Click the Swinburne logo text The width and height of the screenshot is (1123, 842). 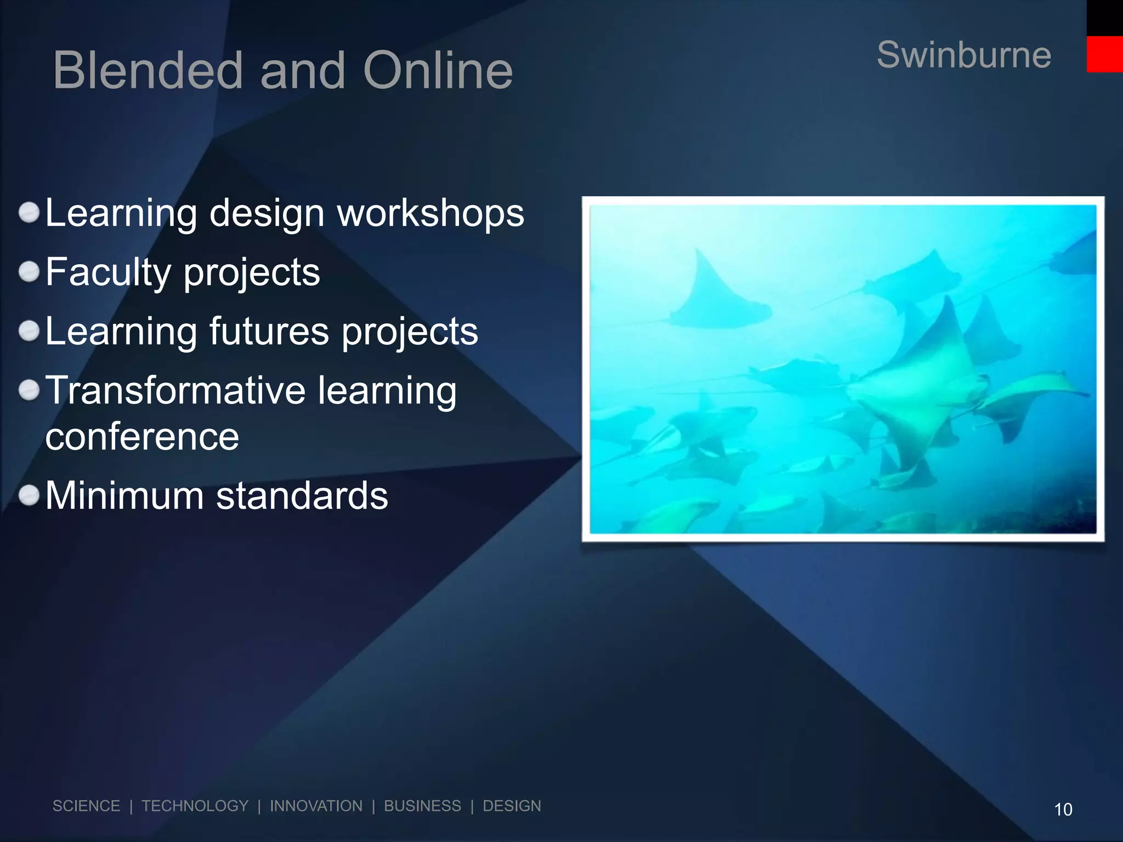click(x=963, y=55)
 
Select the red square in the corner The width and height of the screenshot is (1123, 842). click(x=1104, y=54)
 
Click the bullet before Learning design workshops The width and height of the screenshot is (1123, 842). click(x=29, y=213)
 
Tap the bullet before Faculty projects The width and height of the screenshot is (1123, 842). click(x=29, y=271)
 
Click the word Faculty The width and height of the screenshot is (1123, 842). click(x=108, y=272)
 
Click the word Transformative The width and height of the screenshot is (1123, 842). click(x=175, y=390)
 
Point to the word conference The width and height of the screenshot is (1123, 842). click(x=142, y=437)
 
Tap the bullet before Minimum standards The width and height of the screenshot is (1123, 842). click(x=29, y=496)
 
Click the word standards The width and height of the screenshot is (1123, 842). click(x=302, y=496)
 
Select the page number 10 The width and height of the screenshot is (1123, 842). click(x=1063, y=810)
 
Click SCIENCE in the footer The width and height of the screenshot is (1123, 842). click(x=86, y=806)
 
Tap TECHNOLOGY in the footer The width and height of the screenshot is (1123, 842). click(x=195, y=806)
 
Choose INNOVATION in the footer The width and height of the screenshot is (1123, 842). click(x=316, y=806)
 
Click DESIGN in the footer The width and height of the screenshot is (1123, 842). click(x=512, y=806)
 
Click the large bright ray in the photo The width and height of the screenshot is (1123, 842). click(x=921, y=384)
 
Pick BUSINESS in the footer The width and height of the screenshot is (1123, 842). click(x=422, y=806)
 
